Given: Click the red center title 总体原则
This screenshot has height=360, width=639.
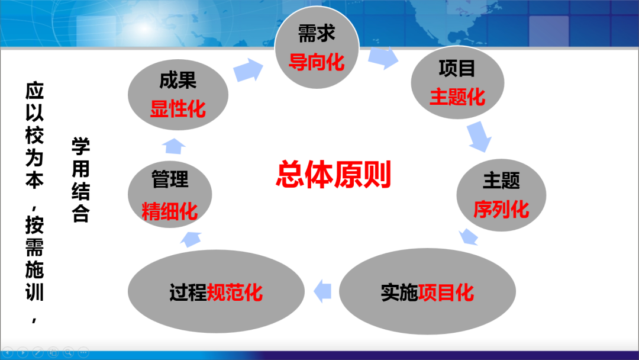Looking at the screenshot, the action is click(333, 175).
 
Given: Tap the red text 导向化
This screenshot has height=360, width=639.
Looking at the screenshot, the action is click(317, 62).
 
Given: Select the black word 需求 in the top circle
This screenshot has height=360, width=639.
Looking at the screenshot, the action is click(317, 33).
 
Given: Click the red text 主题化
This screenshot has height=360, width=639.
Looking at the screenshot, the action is click(457, 97).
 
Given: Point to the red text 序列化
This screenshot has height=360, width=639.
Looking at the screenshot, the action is click(501, 209).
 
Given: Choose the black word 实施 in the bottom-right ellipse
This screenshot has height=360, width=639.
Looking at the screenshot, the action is click(399, 292).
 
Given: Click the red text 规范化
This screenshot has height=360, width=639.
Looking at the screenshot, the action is click(235, 292).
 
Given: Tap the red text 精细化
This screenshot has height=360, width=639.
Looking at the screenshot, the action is click(170, 211).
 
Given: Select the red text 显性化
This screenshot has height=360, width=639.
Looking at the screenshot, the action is click(177, 110).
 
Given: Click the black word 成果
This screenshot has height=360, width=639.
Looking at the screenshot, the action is click(177, 81).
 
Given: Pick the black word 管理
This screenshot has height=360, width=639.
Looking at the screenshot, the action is click(170, 179).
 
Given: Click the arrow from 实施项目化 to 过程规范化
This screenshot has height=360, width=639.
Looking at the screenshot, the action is click(322, 291).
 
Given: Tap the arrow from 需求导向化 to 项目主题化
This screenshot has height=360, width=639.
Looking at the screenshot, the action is click(383, 58).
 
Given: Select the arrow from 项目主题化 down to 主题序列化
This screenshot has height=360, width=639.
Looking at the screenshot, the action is click(479, 137).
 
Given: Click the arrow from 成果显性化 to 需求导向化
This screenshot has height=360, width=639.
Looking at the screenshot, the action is click(248, 70).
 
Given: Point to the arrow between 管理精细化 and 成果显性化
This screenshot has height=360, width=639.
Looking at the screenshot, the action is click(174, 146).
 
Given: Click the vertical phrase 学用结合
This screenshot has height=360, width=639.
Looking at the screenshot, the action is click(80, 180).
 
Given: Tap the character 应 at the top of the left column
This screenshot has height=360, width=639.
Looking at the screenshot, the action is click(35, 91).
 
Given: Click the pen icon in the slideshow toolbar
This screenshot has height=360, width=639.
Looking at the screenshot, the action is click(38, 352).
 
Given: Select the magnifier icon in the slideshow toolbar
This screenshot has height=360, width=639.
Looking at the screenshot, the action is click(69, 352).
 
